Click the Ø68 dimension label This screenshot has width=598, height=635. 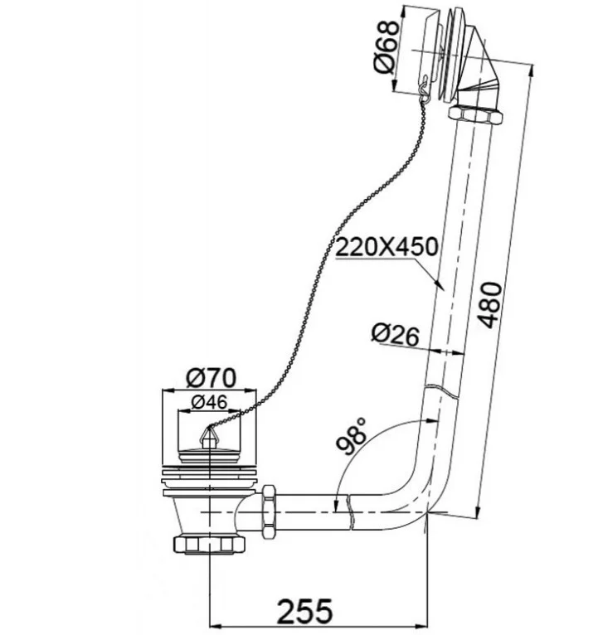pos(387,47)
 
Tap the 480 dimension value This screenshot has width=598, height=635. pos(489,304)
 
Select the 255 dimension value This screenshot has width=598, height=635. pos(304,611)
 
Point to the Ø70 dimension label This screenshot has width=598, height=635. pos(211,378)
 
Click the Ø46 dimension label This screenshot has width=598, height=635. pos(210,402)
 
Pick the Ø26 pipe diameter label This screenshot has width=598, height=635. pos(395,334)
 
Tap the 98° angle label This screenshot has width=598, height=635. pos(351,436)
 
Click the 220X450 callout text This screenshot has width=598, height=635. pos(387,247)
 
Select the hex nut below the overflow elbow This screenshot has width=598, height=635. pos(475,114)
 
